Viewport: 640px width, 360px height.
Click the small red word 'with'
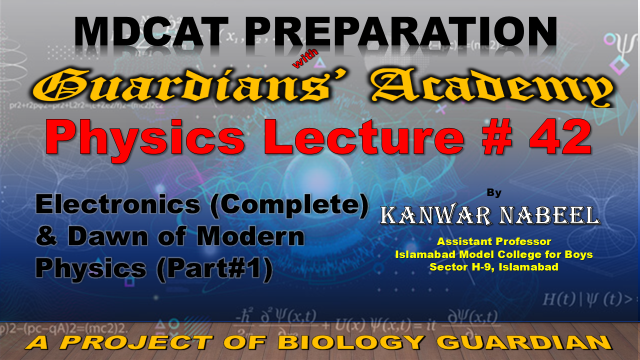(305, 58)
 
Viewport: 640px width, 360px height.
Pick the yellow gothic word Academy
(491, 87)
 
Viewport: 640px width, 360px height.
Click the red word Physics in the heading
(144, 138)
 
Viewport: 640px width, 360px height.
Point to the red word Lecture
(363, 137)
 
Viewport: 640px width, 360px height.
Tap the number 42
(560, 137)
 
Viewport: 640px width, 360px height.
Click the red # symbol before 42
(496, 137)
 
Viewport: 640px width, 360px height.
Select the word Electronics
(118, 204)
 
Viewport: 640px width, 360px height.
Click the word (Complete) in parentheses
(289, 205)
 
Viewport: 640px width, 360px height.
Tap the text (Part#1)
(214, 269)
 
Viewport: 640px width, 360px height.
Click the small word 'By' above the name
(494, 193)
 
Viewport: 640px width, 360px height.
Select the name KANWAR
(436, 216)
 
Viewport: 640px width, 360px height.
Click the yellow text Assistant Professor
(494, 242)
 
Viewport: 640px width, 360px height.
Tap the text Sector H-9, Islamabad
(494, 267)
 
